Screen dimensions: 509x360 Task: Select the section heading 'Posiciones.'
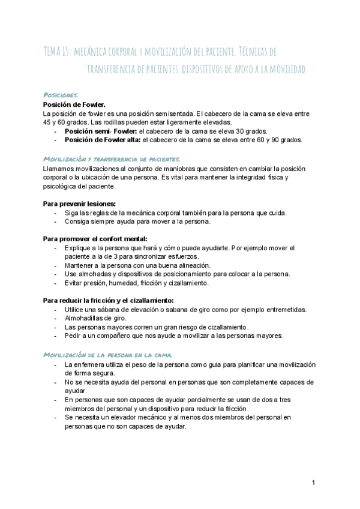coord(61,95)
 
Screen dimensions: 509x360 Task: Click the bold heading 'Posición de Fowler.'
coord(74,104)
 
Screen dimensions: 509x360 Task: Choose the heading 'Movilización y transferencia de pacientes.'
coord(112,159)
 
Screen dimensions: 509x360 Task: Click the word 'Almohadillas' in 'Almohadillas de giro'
coord(85,318)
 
